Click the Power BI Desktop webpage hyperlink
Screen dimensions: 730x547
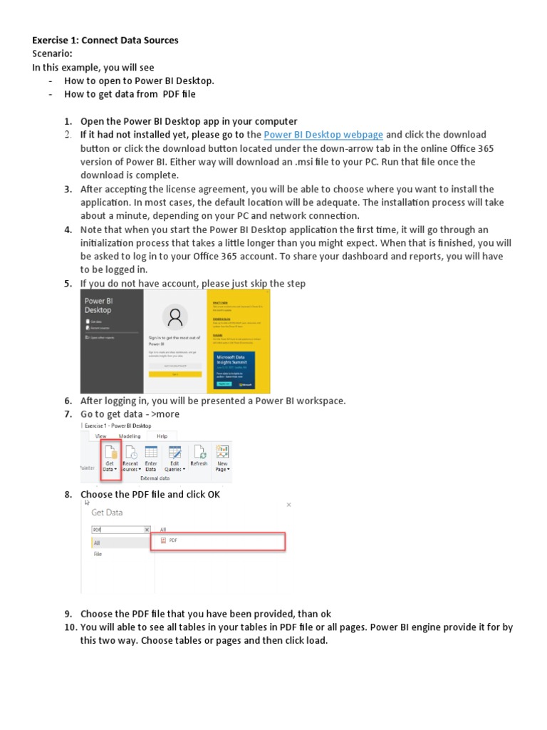click(323, 135)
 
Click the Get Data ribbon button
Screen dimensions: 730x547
click(110, 459)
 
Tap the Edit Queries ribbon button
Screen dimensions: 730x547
click(174, 459)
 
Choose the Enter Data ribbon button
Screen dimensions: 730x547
click(151, 459)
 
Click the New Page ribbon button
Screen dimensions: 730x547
click(222, 459)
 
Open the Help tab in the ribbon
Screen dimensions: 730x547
click(162, 435)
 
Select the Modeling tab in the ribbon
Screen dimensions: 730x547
click(130, 435)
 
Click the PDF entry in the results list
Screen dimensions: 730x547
click(218, 541)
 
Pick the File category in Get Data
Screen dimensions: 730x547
click(98, 553)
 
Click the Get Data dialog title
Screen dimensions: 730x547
click(107, 512)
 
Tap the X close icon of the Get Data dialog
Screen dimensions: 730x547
click(288, 504)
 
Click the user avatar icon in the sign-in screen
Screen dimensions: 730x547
click(174, 315)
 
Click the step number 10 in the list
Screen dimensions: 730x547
click(69, 627)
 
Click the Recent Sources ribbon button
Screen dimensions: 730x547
click(130, 459)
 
